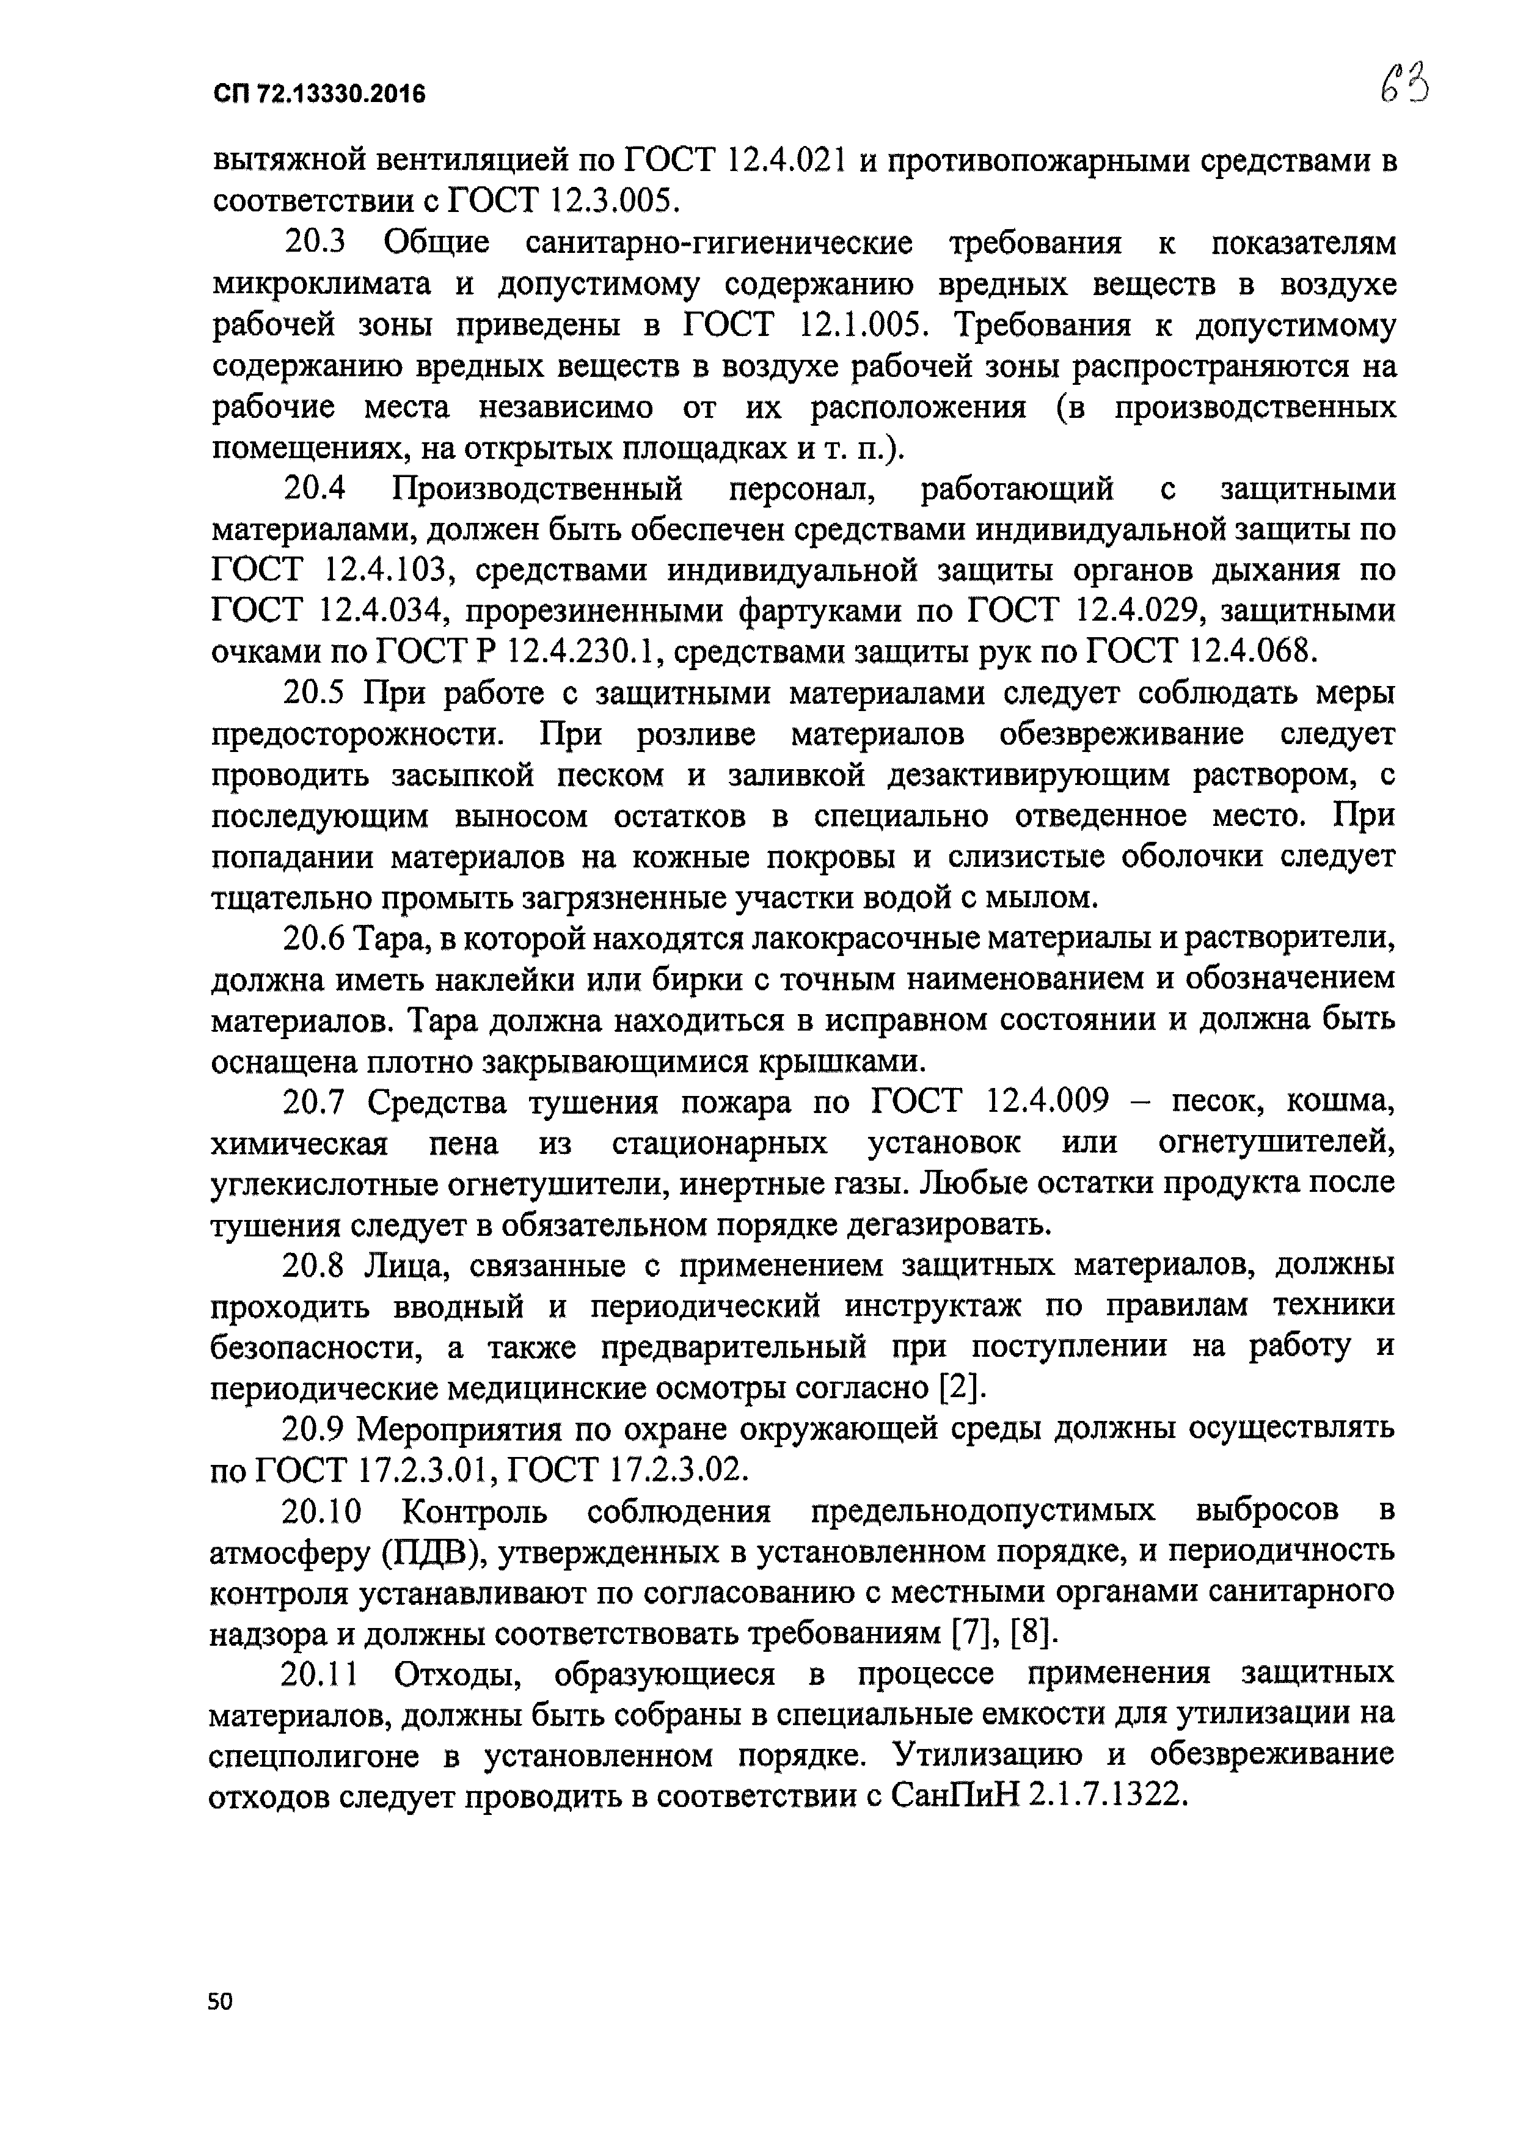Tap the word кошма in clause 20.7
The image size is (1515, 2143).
(1340, 1103)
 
